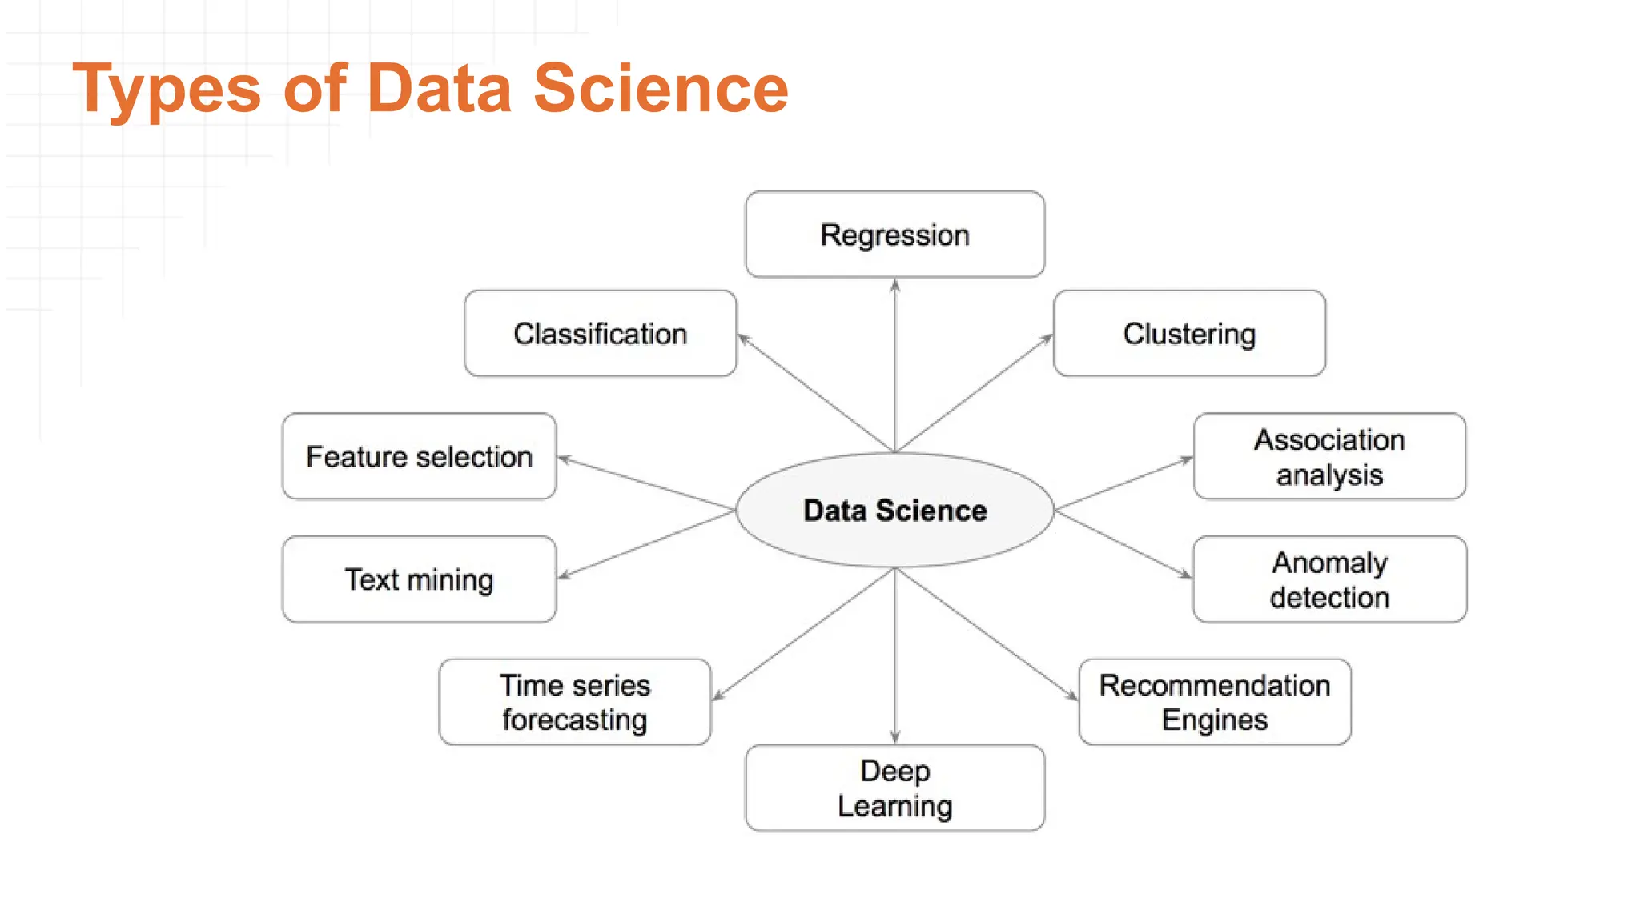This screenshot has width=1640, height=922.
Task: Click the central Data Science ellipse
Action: (894, 510)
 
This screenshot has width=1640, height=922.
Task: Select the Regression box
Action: (894, 235)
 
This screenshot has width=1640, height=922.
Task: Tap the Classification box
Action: (600, 333)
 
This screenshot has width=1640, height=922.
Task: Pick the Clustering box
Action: (1189, 333)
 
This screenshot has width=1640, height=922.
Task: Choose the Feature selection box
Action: (419, 456)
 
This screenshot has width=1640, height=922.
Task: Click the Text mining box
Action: (419, 579)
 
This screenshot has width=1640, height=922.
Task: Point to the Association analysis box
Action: (1329, 456)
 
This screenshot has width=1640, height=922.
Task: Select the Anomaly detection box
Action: (1329, 579)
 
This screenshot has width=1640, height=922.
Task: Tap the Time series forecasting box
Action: (574, 702)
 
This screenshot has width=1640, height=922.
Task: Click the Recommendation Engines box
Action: (1214, 702)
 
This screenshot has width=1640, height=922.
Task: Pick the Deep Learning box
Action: (894, 788)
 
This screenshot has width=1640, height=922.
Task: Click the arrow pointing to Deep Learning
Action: (894, 656)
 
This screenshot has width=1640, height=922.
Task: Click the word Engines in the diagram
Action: (1214, 720)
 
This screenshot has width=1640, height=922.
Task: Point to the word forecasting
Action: (574, 720)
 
